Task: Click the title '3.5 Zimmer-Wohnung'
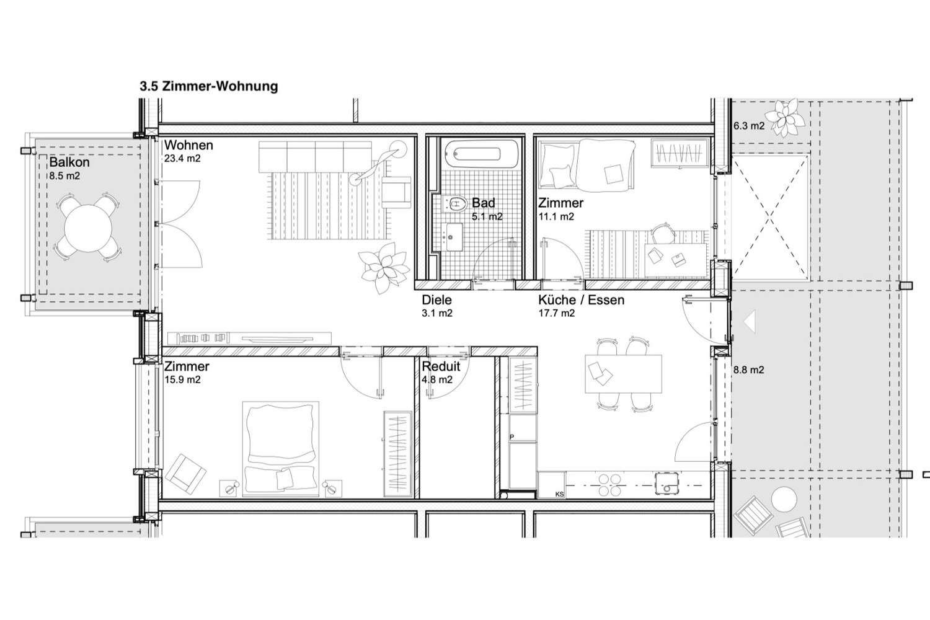point(209,86)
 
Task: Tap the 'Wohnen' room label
point(188,145)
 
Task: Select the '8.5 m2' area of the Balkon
point(64,175)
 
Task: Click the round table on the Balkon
point(88,228)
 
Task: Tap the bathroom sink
point(454,237)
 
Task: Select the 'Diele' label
point(436,300)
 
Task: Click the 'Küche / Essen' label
point(582,300)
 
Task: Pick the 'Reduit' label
point(441,366)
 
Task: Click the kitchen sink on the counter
point(666,484)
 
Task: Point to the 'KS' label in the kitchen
point(559,494)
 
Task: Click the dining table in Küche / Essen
point(623,374)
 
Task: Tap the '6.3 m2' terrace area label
point(748,125)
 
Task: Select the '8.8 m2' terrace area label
point(748,370)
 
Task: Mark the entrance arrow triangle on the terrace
point(750,321)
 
